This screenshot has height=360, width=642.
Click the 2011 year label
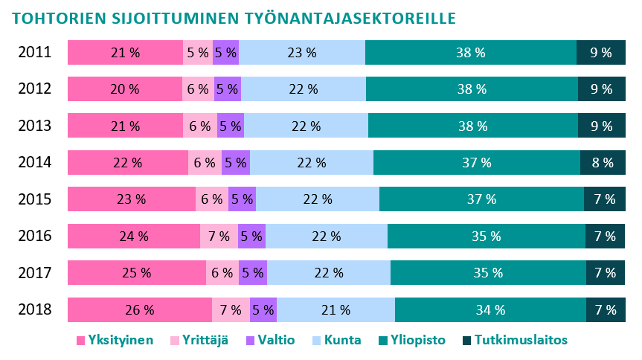tap(34, 53)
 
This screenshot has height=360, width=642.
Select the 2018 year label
tap(34, 309)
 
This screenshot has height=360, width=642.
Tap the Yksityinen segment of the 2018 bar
tap(140, 309)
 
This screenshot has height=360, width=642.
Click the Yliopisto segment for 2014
tap(476, 163)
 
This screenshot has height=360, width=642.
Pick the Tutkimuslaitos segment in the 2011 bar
tap(600, 53)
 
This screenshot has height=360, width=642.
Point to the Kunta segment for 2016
tap(326, 237)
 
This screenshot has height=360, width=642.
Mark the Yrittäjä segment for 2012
tap(198, 89)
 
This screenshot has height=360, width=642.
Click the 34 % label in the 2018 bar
tap(490, 309)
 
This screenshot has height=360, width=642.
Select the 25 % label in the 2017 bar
tap(137, 273)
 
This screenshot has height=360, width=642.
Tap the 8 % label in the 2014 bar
tap(603, 163)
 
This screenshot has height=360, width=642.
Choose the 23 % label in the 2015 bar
tap(132, 199)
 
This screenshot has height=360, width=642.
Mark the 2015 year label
tap(34, 199)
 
